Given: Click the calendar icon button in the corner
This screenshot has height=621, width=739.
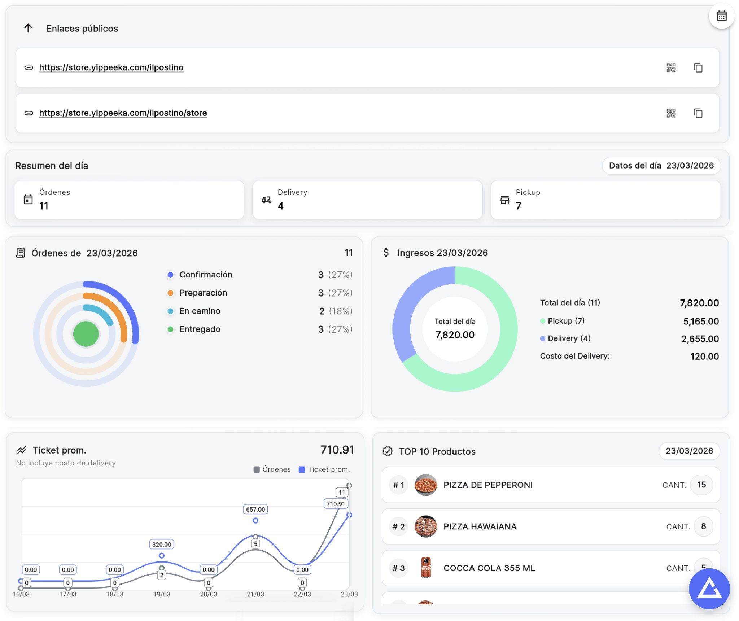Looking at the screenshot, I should coord(721,16).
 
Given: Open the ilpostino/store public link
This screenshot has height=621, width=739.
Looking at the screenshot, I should coord(123,113).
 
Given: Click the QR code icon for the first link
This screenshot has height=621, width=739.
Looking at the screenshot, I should coord(671,67).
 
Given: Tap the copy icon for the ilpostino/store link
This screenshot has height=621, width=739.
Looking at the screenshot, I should coord(698,113).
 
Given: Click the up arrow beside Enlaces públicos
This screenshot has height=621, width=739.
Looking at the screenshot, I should coord(28,28).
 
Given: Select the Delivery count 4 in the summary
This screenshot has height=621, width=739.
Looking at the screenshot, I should coord(281,206).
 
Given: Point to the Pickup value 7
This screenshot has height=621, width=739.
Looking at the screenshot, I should coord(519,206).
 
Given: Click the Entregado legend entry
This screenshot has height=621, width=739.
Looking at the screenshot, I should coord(200,329).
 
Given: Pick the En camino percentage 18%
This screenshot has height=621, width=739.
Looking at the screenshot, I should coord(341,311).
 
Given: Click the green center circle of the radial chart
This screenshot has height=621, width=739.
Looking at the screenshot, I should coord(86,334).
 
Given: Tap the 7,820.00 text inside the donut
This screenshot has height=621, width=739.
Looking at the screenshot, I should coord(455,335).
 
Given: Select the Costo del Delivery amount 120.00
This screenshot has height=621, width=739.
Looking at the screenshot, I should coord(704,357).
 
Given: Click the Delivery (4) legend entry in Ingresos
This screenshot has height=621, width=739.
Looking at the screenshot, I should coord(569,338).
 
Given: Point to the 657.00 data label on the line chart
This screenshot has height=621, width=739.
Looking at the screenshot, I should coord(255,509).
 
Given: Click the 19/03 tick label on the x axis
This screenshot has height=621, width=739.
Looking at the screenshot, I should coord(161,594).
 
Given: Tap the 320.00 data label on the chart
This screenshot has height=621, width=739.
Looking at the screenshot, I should coord(161,544).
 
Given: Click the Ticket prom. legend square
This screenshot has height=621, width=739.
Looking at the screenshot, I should coord(302,469).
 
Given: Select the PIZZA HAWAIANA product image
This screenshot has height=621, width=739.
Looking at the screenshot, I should coord(425,526).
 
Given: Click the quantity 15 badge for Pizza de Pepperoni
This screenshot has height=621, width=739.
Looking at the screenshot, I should coord(701,485).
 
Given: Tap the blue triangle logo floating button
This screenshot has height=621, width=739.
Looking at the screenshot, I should coord(709,589).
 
